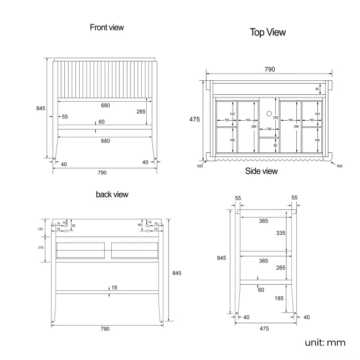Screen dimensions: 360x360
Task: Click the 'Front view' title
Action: pyautogui.click(x=107, y=27)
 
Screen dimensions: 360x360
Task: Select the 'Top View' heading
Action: pyautogui.click(x=268, y=32)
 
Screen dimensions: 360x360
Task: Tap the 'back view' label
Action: pyautogui.click(x=112, y=194)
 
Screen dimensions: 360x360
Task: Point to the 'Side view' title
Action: pyautogui.click(x=261, y=171)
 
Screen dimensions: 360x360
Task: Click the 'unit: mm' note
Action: pyautogui.click(x=325, y=343)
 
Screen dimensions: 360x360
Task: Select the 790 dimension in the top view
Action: pyautogui.click(x=269, y=69)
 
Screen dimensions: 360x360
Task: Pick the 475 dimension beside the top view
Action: pyautogui.click(x=194, y=119)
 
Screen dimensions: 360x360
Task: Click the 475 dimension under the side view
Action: pyautogui.click(x=264, y=328)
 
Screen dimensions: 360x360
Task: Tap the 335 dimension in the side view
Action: pyautogui.click(x=281, y=233)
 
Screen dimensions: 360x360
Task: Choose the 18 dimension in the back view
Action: pyautogui.click(x=114, y=287)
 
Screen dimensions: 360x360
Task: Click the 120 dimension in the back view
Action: pyautogui.click(x=40, y=229)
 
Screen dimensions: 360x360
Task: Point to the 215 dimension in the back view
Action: pyautogui.click(x=40, y=247)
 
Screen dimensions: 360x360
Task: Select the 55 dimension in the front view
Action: pyautogui.click(x=65, y=116)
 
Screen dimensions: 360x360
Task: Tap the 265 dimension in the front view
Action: pyautogui.click(x=141, y=111)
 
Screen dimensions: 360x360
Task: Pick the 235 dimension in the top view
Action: pyautogui.click(x=275, y=117)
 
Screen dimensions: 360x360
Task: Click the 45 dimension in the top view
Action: pyautogui.click(x=317, y=89)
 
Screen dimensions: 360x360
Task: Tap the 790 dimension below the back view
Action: pyautogui.click(x=105, y=328)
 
